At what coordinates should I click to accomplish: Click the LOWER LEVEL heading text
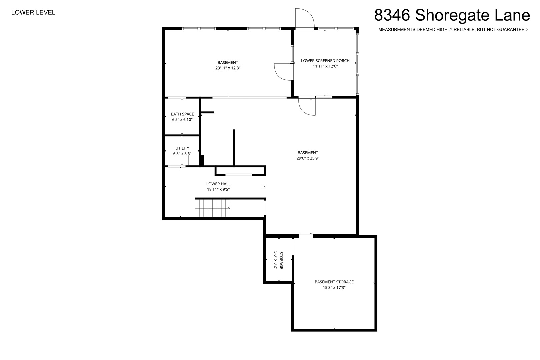click(33, 13)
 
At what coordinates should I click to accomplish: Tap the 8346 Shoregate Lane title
click(452, 15)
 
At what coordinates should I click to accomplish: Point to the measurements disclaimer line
click(453, 30)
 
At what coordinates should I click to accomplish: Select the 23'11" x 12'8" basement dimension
click(228, 68)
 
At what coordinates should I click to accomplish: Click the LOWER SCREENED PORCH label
click(325, 61)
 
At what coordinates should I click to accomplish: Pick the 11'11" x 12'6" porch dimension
click(325, 66)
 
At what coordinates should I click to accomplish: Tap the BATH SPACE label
click(182, 114)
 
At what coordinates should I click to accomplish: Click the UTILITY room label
click(182, 148)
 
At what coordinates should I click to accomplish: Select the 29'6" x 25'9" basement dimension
click(308, 158)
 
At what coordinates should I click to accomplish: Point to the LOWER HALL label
click(218, 184)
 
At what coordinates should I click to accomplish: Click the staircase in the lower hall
click(212, 208)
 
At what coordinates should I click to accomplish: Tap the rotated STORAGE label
click(281, 260)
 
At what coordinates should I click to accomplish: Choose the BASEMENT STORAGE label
click(334, 282)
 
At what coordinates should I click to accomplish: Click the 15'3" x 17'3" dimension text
click(334, 287)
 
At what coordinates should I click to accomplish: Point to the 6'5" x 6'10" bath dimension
click(182, 120)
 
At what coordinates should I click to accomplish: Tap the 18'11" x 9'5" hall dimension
click(218, 190)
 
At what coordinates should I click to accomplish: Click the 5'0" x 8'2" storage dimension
click(276, 260)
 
